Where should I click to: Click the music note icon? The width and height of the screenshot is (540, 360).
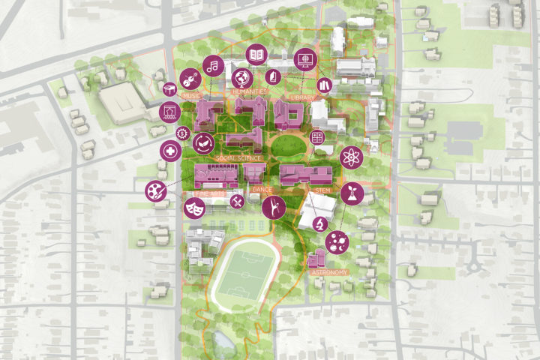pyautogui.click(x=213, y=66)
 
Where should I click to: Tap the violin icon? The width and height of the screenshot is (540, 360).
pyautogui.click(x=190, y=78)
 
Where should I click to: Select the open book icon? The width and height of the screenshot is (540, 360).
pyautogui.click(x=257, y=55)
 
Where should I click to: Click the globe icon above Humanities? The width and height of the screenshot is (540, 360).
pyautogui.click(x=241, y=77)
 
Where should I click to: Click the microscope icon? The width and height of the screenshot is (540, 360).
pyautogui.click(x=319, y=223)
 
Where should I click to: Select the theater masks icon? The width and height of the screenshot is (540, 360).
pyautogui.click(x=194, y=208)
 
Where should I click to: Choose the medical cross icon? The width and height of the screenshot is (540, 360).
pyautogui.click(x=170, y=151)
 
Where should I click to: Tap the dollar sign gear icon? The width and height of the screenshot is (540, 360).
pyautogui.click(x=181, y=133)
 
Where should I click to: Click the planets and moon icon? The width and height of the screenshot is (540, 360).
pyautogui.click(x=337, y=241)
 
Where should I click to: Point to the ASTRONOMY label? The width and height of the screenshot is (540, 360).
pyautogui.click(x=330, y=272)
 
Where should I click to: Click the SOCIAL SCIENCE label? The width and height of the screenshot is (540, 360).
pyautogui.click(x=238, y=159)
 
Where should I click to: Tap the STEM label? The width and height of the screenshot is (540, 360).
pyautogui.click(x=323, y=191)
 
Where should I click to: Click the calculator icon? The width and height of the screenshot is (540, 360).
pyautogui.click(x=317, y=138)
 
